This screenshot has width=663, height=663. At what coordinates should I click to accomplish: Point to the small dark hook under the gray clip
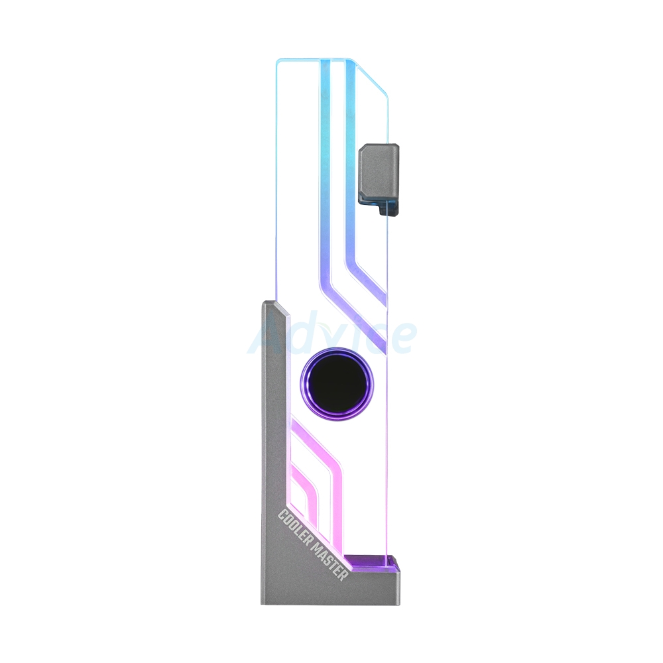pos(389,208)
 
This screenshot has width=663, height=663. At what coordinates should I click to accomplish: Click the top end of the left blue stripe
pos(326,63)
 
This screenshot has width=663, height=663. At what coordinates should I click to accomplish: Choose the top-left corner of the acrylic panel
pos(278,62)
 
